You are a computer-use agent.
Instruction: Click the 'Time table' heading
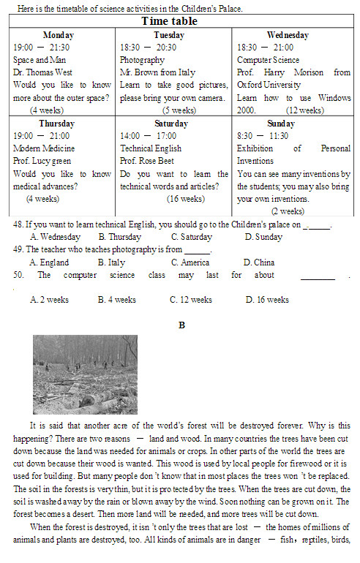pyautogui.click(x=179, y=21)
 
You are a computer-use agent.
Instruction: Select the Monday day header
pyautogui.click(x=59, y=35)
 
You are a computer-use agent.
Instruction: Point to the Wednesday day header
pyautogui.click(x=288, y=35)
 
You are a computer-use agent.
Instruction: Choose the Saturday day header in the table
pyautogui.click(x=171, y=124)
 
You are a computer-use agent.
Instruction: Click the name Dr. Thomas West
pyautogui.click(x=43, y=72)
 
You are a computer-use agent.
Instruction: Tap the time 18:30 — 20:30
pyautogui.click(x=148, y=47)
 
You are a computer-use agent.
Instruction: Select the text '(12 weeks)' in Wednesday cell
pyautogui.click(x=305, y=110)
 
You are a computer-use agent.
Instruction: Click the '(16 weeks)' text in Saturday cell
pyautogui.click(x=186, y=199)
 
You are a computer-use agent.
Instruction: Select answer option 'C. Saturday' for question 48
pyautogui.click(x=192, y=238)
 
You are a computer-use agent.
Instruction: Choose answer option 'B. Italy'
pyautogui.click(x=111, y=262)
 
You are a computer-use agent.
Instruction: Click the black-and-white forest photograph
pyautogui.click(x=85, y=374)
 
